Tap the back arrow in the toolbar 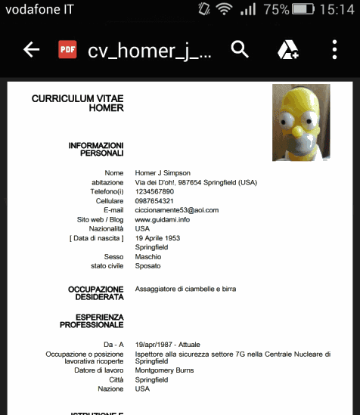[x=31, y=50]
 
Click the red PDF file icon [x=68, y=50]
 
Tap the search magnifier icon [x=240, y=50]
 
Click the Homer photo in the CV [x=301, y=122]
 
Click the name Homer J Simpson [x=163, y=173]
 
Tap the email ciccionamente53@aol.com [x=176, y=210]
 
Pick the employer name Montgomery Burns [x=164, y=370]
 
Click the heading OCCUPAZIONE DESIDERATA [x=95, y=293]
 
